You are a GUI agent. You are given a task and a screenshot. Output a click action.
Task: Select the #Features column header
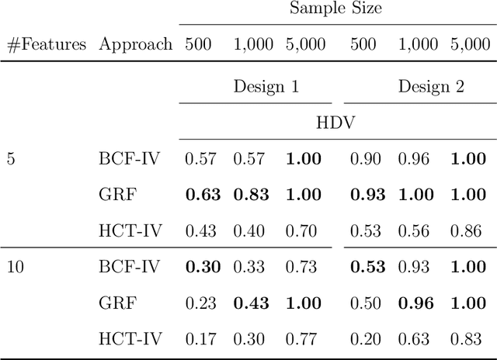(x=46, y=44)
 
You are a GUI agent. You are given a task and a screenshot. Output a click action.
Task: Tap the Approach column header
(x=135, y=44)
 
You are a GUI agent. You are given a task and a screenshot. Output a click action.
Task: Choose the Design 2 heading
(x=431, y=86)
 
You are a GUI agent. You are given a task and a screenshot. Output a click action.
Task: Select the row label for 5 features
(x=10, y=159)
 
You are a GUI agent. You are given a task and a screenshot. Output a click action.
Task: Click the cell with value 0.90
(x=365, y=159)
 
